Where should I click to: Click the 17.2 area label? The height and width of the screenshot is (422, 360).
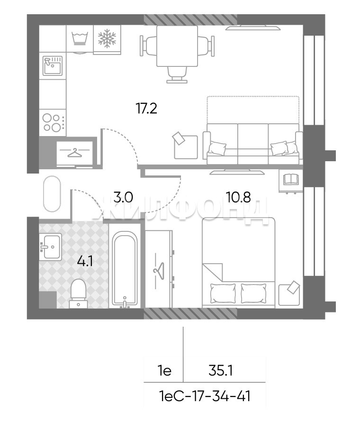pos(146,109)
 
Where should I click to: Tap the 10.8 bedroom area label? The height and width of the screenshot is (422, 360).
pos(238,197)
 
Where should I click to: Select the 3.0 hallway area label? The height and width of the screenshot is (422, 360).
pos(123,197)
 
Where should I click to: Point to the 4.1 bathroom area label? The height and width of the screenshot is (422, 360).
pos(85,261)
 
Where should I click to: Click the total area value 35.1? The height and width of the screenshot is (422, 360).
pos(220,371)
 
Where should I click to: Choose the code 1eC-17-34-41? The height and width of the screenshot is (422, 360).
pos(205,396)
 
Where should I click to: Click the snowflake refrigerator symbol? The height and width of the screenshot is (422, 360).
pos(107,40)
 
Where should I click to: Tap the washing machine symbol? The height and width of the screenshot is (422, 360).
pos(80,39)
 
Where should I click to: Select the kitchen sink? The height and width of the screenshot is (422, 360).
pos(53,66)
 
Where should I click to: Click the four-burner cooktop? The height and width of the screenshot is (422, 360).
pos(53,122)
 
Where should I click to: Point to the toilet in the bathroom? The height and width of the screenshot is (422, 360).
pos(78,294)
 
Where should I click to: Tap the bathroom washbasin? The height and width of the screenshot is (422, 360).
pos(51,247)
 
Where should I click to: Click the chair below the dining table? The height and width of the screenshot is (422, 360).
pos(177,74)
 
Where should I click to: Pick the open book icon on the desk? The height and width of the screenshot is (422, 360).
pos(291,179)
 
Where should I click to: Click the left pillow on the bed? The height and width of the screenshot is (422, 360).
pos(223,293)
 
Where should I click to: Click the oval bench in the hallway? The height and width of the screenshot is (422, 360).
pos(52,193)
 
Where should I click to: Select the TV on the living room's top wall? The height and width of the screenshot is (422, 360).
pos(253,28)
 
